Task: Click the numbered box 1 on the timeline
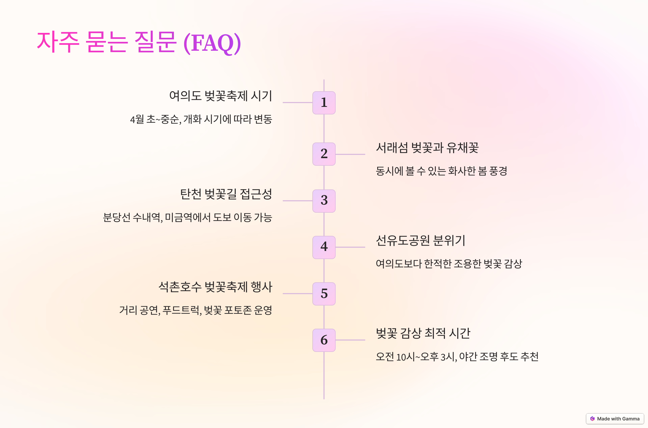(324, 103)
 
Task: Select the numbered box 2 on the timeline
(324, 154)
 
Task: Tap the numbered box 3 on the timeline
(324, 201)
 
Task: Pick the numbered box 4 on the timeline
(324, 247)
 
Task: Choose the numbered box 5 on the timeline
(324, 293)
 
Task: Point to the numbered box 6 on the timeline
(324, 340)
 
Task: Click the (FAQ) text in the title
(212, 43)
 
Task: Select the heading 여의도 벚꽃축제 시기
(220, 96)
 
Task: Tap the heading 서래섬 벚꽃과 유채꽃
(427, 148)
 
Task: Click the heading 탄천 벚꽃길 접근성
(226, 194)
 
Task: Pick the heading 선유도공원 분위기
(420, 240)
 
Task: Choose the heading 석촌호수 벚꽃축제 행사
(215, 287)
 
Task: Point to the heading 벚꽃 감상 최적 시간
(423, 333)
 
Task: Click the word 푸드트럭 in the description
(181, 310)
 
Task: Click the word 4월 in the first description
(137, 119)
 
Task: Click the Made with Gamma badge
(615, 419)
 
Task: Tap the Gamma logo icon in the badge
(592, 419)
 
